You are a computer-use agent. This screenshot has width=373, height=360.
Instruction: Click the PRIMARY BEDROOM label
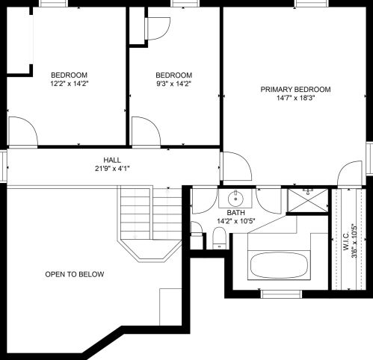pyautogui.click(x=295, y=90)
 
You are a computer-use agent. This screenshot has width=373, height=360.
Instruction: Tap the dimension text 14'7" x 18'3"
pyautogui.click(x=295, y=98)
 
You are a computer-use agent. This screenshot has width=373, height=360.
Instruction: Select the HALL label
pyautogui.click(x=112, y=160)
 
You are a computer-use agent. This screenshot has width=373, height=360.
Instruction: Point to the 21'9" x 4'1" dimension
pyautogui.click(x=112, y=169)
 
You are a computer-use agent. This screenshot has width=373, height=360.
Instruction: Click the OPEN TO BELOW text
pyautogui.click(x=74, y=274)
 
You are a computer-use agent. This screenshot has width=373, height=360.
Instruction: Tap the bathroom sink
pyautogui.click(x=235, y=198)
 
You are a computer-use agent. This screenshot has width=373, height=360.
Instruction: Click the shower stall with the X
pyautogui.click(x=307, y=200)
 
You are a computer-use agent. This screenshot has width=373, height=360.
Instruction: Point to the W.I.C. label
pyautogui.click(x=346, y=241)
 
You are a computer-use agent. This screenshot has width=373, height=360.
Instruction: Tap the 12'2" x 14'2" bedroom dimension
pyautogui.click(x=70, y=84)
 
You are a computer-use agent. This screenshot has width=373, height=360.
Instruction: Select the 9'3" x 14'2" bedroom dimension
pyautogui.click(x=173, y=84)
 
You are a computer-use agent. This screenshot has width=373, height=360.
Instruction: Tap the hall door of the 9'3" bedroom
pyautogui.click(x=145, y=131)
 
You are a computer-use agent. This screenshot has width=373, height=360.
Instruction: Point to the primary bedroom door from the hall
pyautogui.click(x=236, y=166)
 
